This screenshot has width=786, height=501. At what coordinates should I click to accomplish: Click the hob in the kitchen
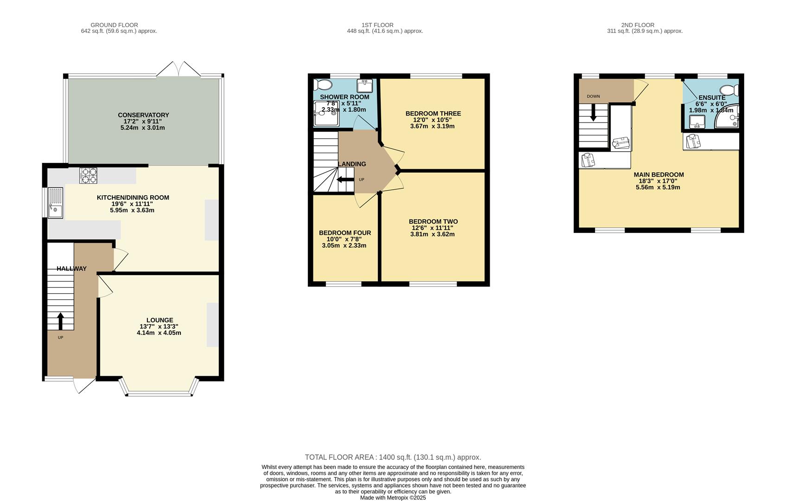[88, 175]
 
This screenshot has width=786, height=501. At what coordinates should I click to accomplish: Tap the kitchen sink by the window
[56, 203]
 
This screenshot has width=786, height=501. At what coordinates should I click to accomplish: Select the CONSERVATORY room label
[143, 115]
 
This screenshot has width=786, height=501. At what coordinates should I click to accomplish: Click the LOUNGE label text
[160, 320]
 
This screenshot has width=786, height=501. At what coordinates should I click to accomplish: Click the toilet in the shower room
[323, 84]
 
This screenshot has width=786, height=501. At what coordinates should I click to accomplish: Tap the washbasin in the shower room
[364, 86]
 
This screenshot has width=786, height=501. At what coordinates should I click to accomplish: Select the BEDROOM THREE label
[433, 114]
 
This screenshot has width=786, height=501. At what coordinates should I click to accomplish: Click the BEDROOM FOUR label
[345, 233]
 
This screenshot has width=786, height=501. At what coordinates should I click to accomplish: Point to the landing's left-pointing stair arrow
[345, 180]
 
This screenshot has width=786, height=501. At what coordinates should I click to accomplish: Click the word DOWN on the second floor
[594, 96]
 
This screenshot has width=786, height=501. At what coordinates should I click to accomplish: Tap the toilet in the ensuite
[729, 90]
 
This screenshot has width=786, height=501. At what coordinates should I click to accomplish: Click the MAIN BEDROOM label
[658, 175]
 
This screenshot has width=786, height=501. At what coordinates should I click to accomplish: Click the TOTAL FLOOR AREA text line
[393, 457]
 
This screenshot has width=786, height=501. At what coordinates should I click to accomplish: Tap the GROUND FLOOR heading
[114, 25]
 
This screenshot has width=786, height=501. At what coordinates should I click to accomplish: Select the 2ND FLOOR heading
[638, 25]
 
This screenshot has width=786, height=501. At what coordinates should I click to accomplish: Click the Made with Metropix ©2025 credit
[393, 498]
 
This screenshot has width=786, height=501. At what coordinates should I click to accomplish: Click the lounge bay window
[159, 393]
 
